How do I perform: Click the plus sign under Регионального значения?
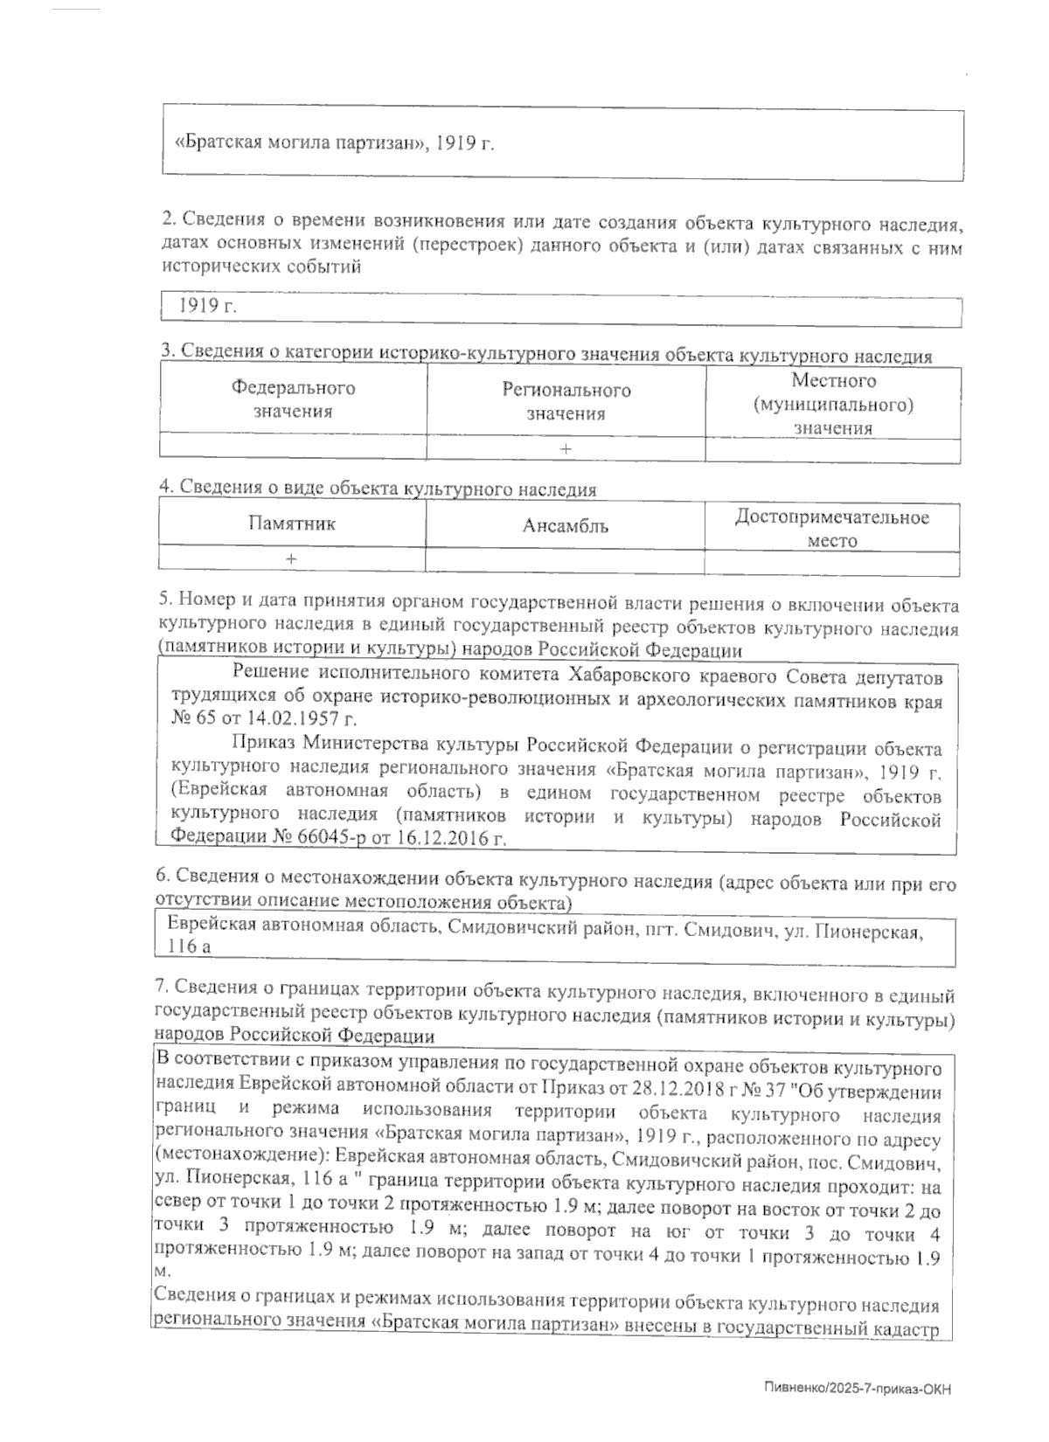point(566,448)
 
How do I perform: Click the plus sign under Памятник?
point(291,558)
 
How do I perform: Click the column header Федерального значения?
point(293,399)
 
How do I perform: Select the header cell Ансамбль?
point(565,525)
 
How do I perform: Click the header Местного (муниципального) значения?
point(832,404)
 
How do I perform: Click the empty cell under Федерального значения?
point(293,448)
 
